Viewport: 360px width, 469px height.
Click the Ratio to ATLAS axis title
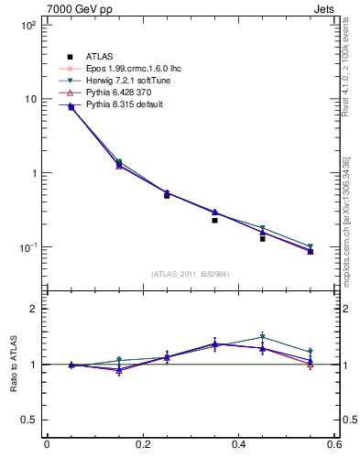(x=12, y=365)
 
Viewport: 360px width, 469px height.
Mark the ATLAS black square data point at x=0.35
(x=214, y=220)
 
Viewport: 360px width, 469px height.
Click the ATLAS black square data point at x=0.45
(x=262, y=238)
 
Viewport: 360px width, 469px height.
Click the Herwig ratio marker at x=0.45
(x=262, y=337)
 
